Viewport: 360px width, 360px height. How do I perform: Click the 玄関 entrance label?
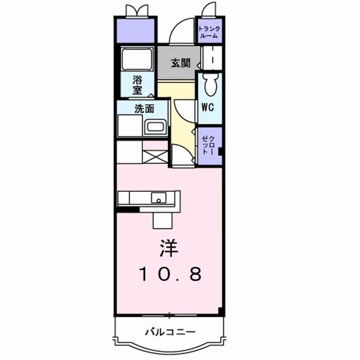tap(176, 62)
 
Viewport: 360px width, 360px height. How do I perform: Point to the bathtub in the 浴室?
tap(137, 59)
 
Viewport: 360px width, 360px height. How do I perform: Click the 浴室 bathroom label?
tap(137, 84)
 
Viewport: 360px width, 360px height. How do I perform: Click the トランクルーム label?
tap(209, 31)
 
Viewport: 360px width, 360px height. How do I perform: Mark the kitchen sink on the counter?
tap(159, 198)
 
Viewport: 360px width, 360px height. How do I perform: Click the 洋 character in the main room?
tap(169, 247)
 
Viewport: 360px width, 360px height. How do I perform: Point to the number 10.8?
tap(169, 274)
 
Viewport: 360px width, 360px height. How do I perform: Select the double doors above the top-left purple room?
tap(136, 11)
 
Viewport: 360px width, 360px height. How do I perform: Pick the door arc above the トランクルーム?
tap(209, 11)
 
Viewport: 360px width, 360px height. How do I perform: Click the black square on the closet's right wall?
tap(220, 151)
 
